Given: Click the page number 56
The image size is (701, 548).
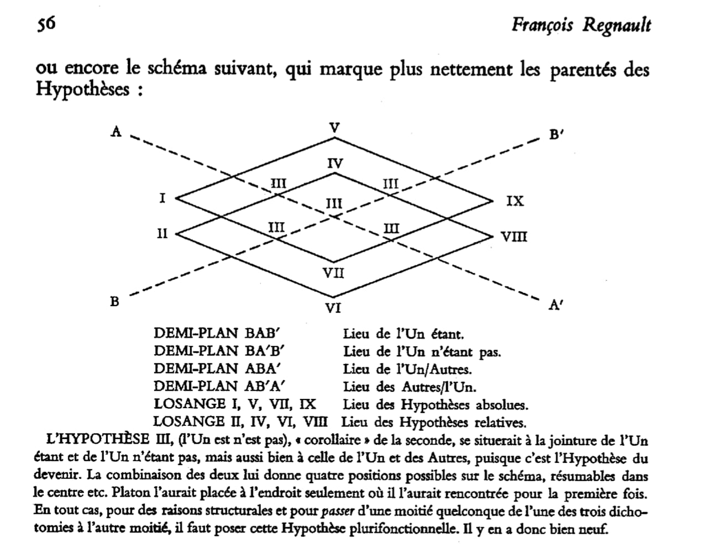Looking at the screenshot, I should click(46, 24).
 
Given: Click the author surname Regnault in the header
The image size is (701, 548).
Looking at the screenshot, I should click(616, 25).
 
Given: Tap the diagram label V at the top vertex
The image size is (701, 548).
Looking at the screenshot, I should click(333, 128).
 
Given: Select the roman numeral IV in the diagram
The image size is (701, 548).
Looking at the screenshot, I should click(334, 163).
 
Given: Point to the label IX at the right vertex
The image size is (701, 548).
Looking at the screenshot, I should click(514, 201).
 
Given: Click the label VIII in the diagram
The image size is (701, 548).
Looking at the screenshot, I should click(514, 237).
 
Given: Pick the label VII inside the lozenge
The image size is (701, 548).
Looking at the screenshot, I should click(333, 273).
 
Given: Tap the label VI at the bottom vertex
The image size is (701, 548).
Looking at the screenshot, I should click(332, 308).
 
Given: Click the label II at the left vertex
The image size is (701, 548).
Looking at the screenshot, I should click(162, 234).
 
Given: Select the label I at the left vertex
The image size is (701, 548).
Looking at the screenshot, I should click(162, 198).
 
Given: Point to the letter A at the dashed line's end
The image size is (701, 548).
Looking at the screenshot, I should click(116, 131).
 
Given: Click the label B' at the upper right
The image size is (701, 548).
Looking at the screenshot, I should click(556, 135).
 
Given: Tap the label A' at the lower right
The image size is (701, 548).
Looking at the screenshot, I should click(556, 304).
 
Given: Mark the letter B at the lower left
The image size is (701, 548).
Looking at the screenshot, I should click(114, 302).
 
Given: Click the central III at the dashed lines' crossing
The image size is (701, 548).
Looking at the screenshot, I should click(333, 204).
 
